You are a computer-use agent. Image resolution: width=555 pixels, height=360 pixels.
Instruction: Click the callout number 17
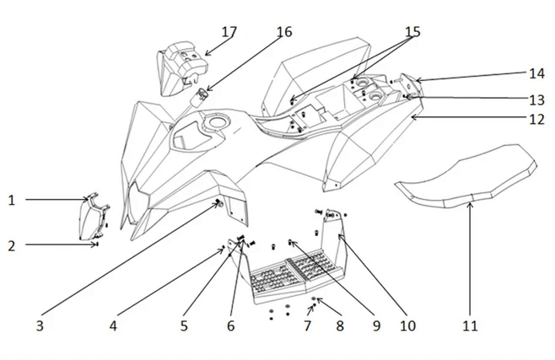(229, 32)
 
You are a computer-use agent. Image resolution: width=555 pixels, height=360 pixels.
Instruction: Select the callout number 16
(283, 32)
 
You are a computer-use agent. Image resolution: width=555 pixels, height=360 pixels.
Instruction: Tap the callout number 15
(412, 32)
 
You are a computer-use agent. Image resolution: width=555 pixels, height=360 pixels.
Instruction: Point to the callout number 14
(537, 73)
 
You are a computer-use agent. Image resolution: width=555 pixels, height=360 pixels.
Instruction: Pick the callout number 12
(537, 120)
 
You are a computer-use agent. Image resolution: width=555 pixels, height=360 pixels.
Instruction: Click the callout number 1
(12, 200)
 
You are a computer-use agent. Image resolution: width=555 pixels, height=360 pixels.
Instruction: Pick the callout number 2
(12, 245)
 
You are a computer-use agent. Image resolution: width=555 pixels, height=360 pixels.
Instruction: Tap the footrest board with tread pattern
(283, 274)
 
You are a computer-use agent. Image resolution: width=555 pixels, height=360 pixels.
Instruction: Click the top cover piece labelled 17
(180, 66)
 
